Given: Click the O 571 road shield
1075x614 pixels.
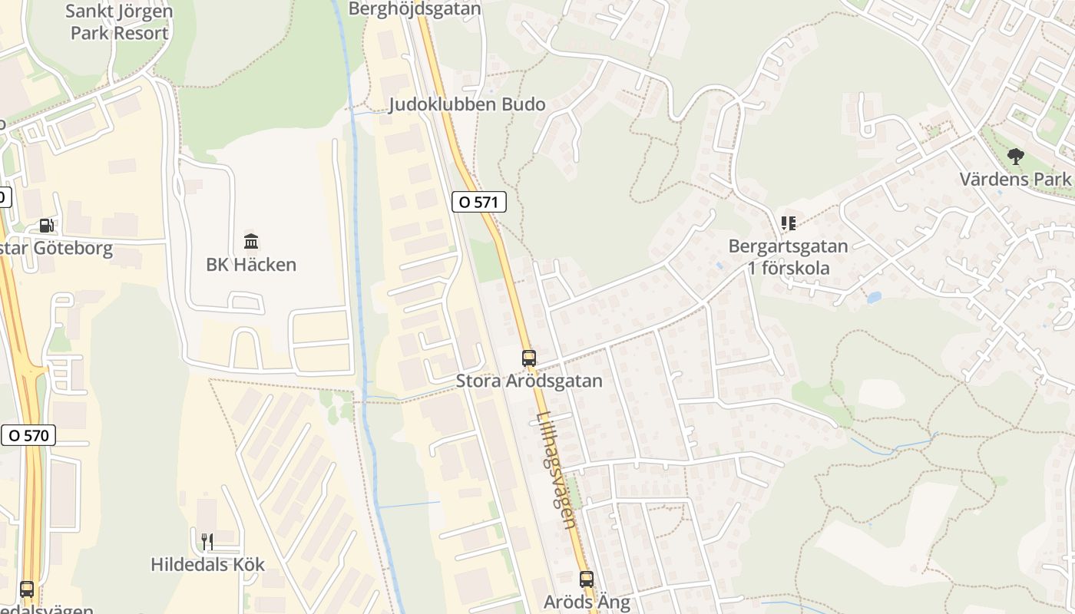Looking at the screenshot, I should tap(479, 203).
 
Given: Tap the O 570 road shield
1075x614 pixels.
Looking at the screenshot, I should tap(28, 435).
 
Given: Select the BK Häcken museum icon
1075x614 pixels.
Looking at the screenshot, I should tap(251, 242).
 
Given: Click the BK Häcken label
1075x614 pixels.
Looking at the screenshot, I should tap(251, 265).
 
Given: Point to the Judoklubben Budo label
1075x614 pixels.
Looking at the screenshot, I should tap(467, 104).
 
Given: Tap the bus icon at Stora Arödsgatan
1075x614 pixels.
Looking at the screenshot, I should tap(528, 358).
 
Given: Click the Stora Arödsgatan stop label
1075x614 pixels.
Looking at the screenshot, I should tap(529, 381).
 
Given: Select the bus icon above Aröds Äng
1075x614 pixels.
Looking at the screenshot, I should tap(587, 579).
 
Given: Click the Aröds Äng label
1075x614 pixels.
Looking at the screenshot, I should tap(587, 602).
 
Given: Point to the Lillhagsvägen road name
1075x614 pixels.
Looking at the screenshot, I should tap(557, 470).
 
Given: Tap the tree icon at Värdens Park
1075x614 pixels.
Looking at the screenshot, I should tap(1016, 157).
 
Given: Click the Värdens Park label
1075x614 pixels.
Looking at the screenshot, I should tap(1015, 180).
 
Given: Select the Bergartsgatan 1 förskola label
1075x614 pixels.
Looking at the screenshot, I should tap(789, 257).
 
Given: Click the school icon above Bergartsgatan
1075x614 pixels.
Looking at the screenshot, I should tap(788, 223).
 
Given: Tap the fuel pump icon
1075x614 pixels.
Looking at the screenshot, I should tap(46, 226).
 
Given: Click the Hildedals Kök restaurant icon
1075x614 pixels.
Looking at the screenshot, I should tap(207, 541).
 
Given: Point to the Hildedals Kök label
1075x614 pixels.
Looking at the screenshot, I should tap(207, 565).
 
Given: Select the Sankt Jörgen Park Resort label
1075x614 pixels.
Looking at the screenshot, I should tap(119, 22).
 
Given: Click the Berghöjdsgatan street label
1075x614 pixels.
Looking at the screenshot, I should tap(415, 8).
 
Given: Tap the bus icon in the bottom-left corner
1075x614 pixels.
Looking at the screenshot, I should tap(27, 589).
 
